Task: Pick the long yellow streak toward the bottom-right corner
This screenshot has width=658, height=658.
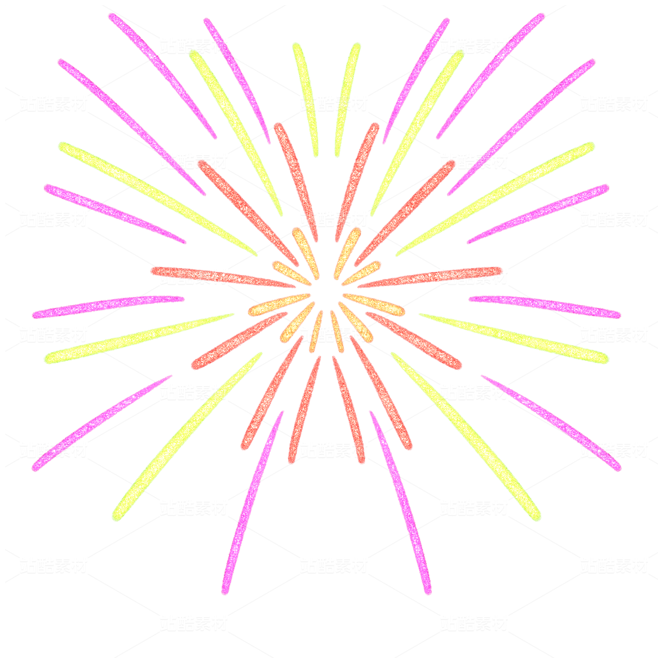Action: (x=468, y=437)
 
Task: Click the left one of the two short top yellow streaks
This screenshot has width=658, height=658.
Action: (x=306, y=98)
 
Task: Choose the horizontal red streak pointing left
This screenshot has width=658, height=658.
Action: (x=221, y=277)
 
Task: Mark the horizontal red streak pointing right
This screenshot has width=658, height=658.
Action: (x=432, y=277)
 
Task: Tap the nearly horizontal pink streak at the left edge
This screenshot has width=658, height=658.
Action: (x=108, y=306)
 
